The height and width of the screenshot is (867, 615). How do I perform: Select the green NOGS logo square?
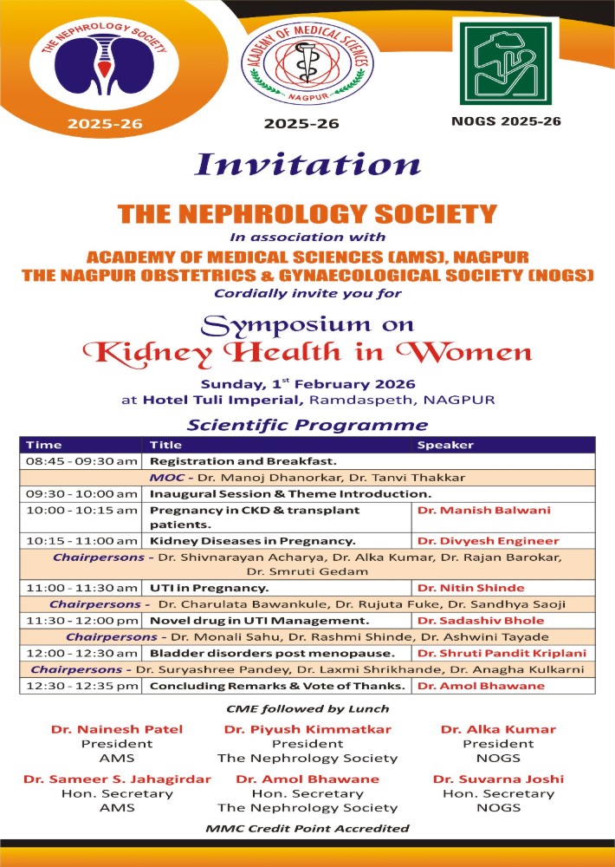click(505, 62)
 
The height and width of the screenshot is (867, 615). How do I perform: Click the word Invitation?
click(307, 165)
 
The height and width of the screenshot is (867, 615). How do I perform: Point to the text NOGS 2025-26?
click(506, 121)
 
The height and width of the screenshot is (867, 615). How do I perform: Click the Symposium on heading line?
click(307, 324)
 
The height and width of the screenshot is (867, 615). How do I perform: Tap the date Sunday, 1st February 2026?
click(307, 383)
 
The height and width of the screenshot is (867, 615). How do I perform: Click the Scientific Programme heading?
click(307, 425)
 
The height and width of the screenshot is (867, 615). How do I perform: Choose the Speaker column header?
click(446, 445)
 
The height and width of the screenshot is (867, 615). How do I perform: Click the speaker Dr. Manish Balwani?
click(471, 511)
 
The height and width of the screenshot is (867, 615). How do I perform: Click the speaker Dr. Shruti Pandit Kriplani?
click(501, 653)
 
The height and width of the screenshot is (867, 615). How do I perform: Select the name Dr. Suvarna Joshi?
click(498, 779)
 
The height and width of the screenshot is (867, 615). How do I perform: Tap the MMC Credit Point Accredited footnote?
click(307, 828)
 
